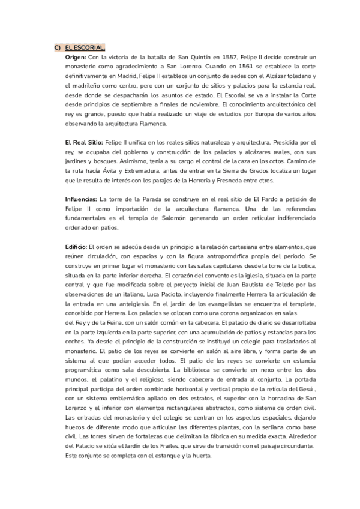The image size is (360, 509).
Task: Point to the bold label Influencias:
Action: click(81, 199)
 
